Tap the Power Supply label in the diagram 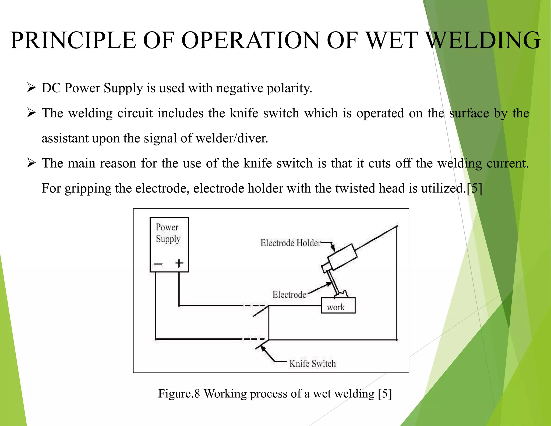[168, 233]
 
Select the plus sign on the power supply [179, 263]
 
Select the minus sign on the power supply [158, 264]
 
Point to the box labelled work [338, 306]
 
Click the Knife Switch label [313, 364]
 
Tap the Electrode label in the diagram [289, 294]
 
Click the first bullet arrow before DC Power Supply [31, 88]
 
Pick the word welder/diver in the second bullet [232, 138]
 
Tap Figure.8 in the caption [179, 393]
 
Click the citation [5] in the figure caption [384, 393]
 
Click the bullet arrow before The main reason [31, 163]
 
